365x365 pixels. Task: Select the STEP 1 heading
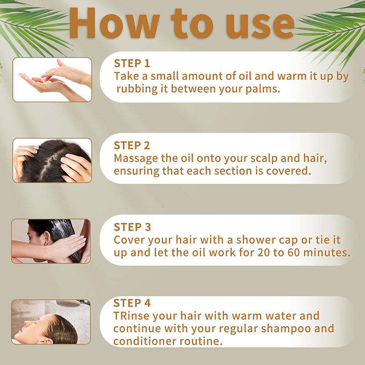(x=132, y=63)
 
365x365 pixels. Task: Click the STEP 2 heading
(x=132, y=146)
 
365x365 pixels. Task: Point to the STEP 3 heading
(x=132, y=227)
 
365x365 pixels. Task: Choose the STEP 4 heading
(x=132, y=303)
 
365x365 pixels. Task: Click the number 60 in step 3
(x=293, y=253)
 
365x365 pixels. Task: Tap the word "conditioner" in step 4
(x=145, y=341)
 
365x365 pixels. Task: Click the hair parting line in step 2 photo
(x=49, y=162)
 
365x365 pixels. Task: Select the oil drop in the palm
(x=48, y=82)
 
